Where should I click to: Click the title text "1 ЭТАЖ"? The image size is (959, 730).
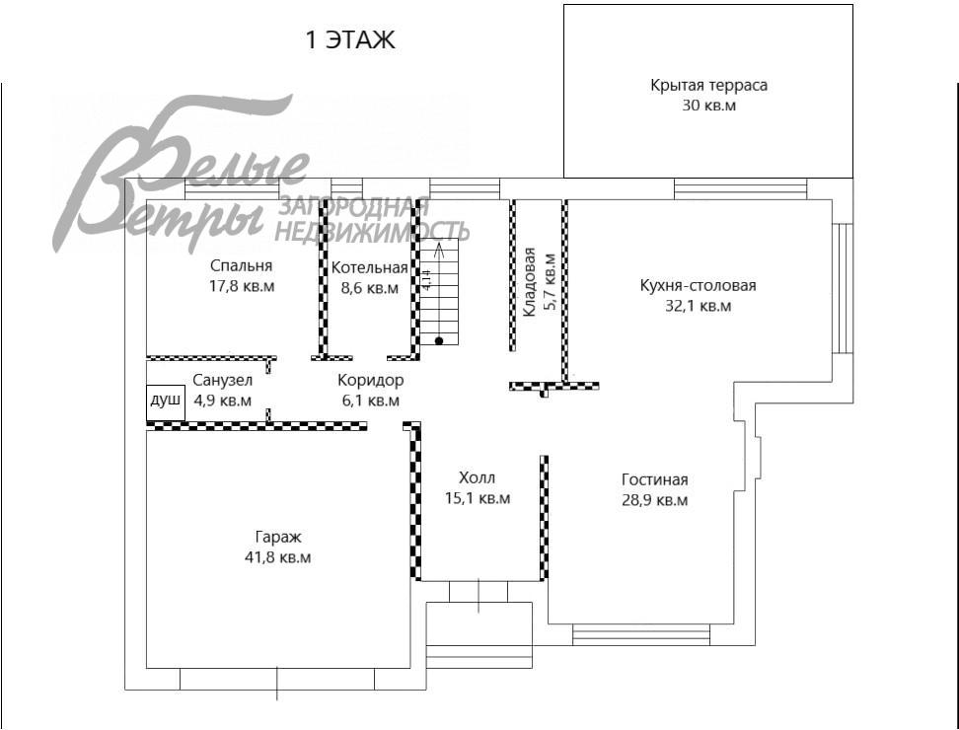(x=350, y=40)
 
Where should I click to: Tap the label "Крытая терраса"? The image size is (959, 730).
(x=708, y=85)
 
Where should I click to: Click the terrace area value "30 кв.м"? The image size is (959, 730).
(x=708, y=105)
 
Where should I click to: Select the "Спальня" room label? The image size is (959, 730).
(x=241, y=266)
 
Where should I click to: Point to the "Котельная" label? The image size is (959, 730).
(x=369, y=268)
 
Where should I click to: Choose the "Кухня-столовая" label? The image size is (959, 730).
(x=698, y=286)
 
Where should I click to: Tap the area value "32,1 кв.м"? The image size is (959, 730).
(x=698, y=306)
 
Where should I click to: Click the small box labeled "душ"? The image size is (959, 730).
(x=165, y=401)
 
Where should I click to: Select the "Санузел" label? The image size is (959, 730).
(x=222, y=381)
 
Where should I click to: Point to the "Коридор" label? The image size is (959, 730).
(x=370, y=381)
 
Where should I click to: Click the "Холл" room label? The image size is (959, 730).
(x=478, y=479)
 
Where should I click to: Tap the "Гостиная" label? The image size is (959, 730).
(x=654, y=480)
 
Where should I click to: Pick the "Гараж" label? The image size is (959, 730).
(x=277, y=538)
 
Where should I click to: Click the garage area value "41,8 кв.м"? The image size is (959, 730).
(x=277, y=557)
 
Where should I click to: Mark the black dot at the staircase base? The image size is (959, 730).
(x=439, y=340)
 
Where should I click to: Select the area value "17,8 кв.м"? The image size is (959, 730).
(x=241, y=287)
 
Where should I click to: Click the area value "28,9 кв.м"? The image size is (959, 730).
(x=654, y=500)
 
